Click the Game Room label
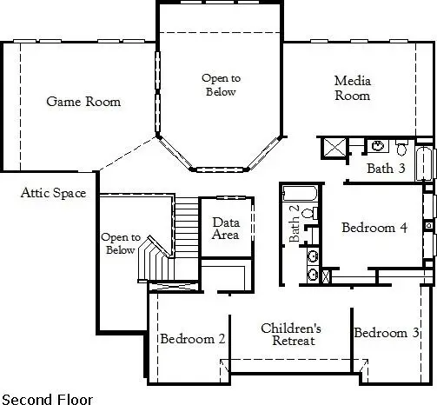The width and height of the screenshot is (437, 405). [83, 102]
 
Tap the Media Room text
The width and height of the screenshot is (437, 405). [353, 89]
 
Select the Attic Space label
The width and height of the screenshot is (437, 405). [53, 193]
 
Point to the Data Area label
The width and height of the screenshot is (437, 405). [226, 228]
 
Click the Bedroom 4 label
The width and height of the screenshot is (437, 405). [374, 228]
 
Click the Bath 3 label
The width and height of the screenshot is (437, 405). [386, 168]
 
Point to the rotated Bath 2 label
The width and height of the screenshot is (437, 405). [295, 228]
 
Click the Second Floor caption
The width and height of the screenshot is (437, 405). [43, 397]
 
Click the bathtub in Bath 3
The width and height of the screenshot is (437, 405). [423, 163]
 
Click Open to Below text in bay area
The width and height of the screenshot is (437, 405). [221, 84]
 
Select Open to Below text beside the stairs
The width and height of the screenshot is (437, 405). [119, 243]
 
